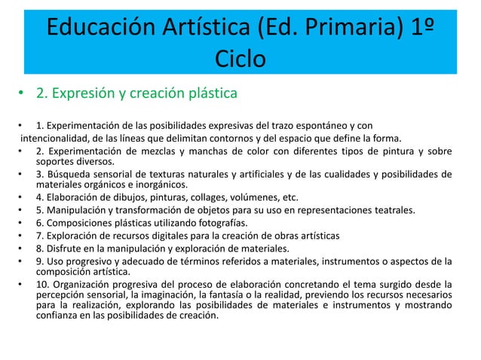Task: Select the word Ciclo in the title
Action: click(240, 59)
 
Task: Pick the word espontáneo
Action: click(321, 124)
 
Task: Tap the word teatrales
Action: click(388, 212)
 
